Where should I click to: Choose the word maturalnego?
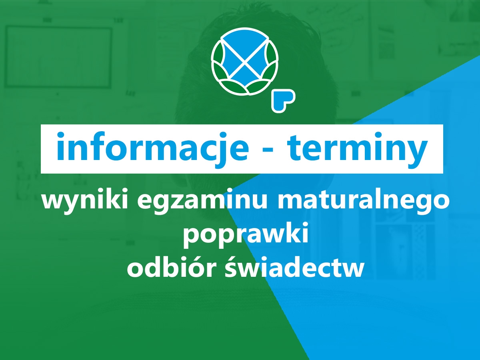tap(364, 201)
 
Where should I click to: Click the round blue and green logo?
tap(245, 62)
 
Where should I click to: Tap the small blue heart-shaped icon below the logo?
tap(283, 100)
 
